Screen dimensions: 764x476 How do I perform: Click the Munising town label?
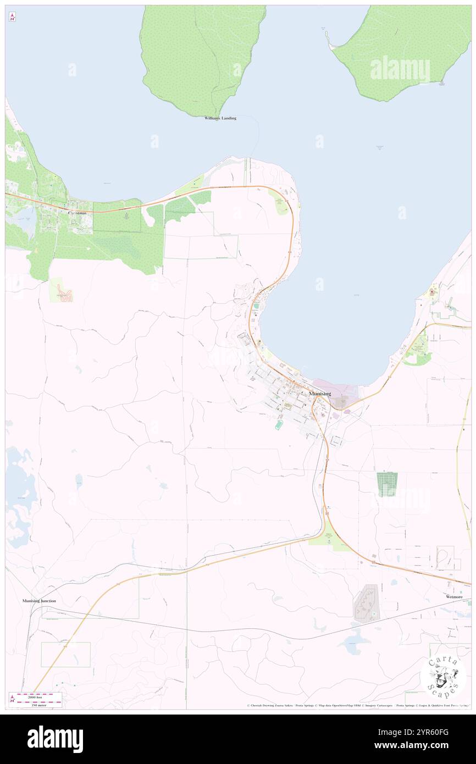tap(320, 394)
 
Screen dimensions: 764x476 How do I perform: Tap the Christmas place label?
tap(77, 213)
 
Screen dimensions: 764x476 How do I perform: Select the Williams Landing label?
tap(220, 118)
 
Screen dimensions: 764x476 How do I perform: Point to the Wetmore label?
tap(455, 596)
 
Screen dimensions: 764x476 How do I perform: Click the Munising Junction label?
tap(39, 601)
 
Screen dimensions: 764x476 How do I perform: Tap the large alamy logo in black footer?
tap(55, 739)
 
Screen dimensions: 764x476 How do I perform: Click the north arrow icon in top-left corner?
tap(12, 17)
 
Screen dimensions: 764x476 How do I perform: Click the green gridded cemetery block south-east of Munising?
tap(387, 484)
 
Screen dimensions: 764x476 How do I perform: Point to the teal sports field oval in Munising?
tap(279, 425)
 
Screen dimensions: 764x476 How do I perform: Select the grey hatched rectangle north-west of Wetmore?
tap(367, 604)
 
